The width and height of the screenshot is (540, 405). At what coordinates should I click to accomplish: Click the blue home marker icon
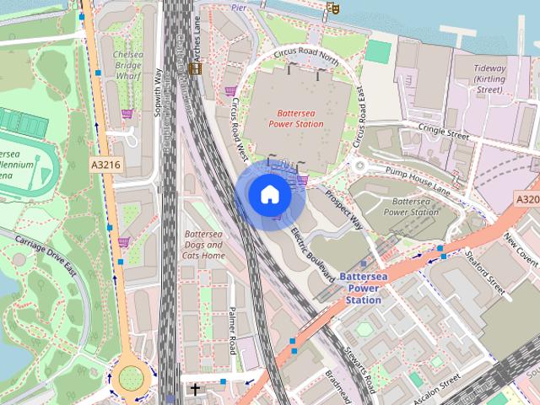pos(269,195)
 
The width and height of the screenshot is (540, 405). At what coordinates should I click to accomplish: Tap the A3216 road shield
pos(105,167)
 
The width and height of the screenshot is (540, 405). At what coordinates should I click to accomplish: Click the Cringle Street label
pos(445,133)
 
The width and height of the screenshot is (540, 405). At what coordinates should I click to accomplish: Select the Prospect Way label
pos(343,210)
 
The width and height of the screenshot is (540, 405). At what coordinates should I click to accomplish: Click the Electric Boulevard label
pos(312,251)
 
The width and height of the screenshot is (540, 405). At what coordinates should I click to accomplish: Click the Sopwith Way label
pos(157,84)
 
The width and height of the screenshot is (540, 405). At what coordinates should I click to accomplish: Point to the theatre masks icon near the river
pos(332,8)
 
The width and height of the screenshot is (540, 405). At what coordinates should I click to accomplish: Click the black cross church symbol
pos(196,390)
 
